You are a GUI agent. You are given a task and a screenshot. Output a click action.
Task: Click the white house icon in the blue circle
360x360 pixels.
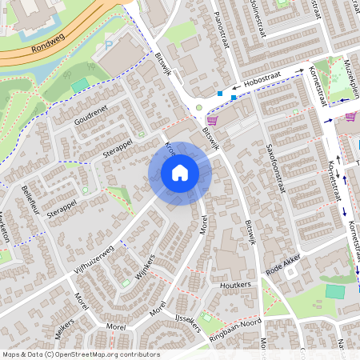point(180,173)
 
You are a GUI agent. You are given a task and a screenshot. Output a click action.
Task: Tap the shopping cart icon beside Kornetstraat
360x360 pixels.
point(350,117)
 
